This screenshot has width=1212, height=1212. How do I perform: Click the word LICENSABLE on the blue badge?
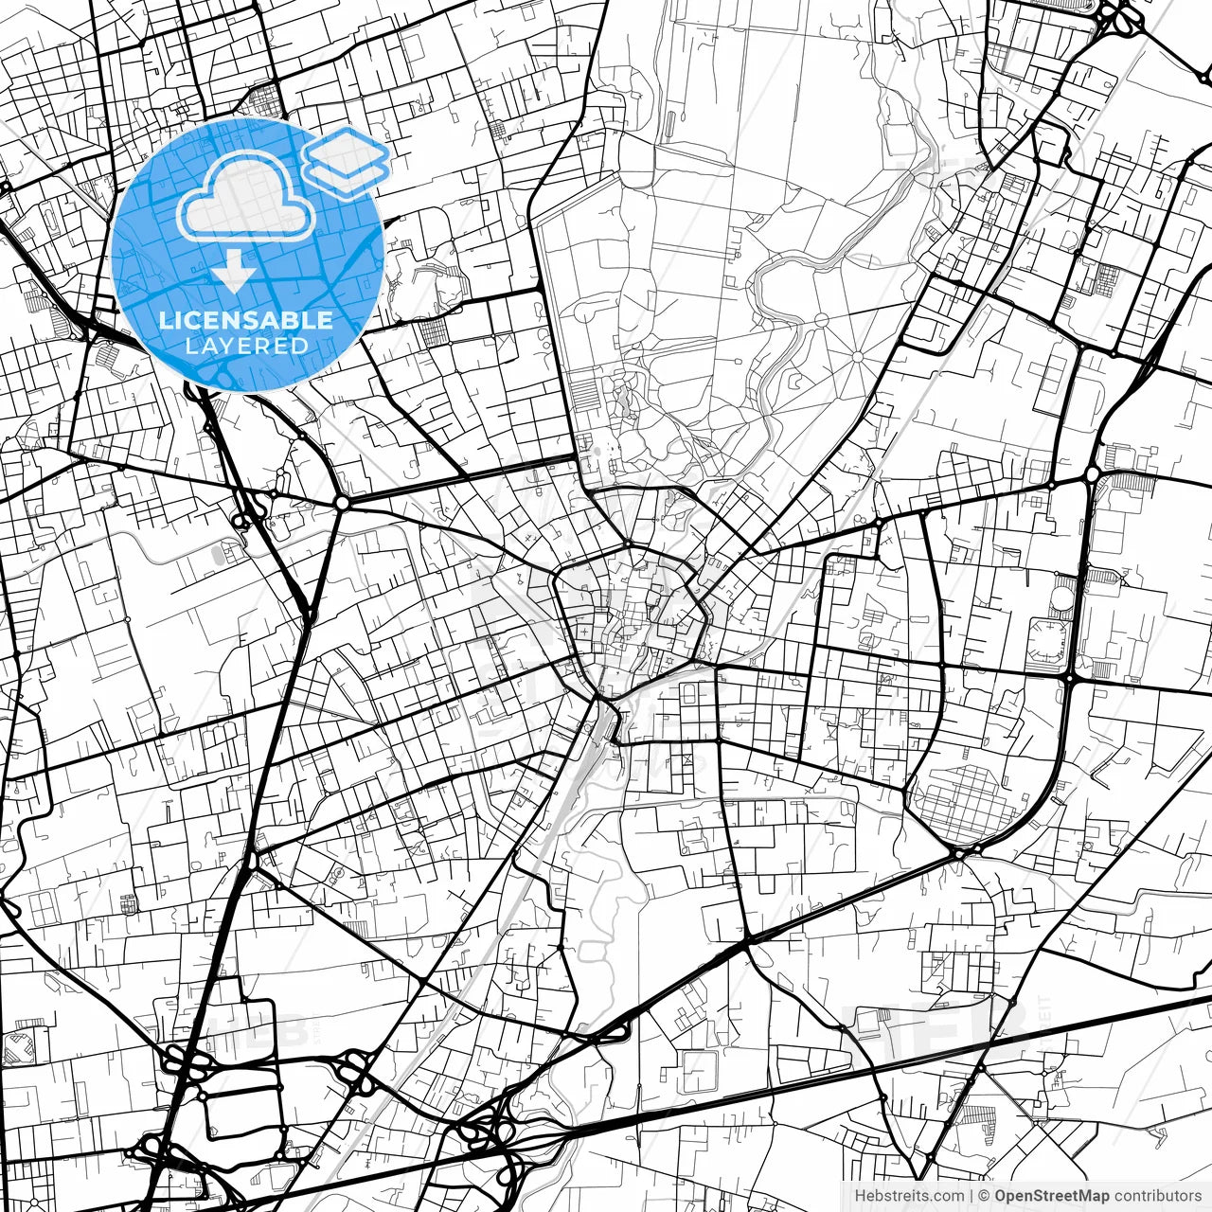[x=246, y=320]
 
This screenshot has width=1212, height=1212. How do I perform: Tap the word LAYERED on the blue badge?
[x=246, y=347]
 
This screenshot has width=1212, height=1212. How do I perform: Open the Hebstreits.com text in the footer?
[x=909, y=1196]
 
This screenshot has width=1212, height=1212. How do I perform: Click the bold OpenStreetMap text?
[x=1051, y=1196]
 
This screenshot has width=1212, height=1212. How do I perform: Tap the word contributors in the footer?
[x=1157, y=1196]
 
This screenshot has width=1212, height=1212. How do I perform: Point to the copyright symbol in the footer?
[x=984, y=1196]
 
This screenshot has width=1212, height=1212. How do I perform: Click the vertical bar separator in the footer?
[x=971, y=1196]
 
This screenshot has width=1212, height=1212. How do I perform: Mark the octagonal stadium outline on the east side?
[x=1049, y=641]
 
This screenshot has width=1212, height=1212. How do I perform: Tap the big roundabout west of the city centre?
[x=341, y=503]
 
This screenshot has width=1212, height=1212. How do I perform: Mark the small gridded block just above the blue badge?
[x=265, y=98]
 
